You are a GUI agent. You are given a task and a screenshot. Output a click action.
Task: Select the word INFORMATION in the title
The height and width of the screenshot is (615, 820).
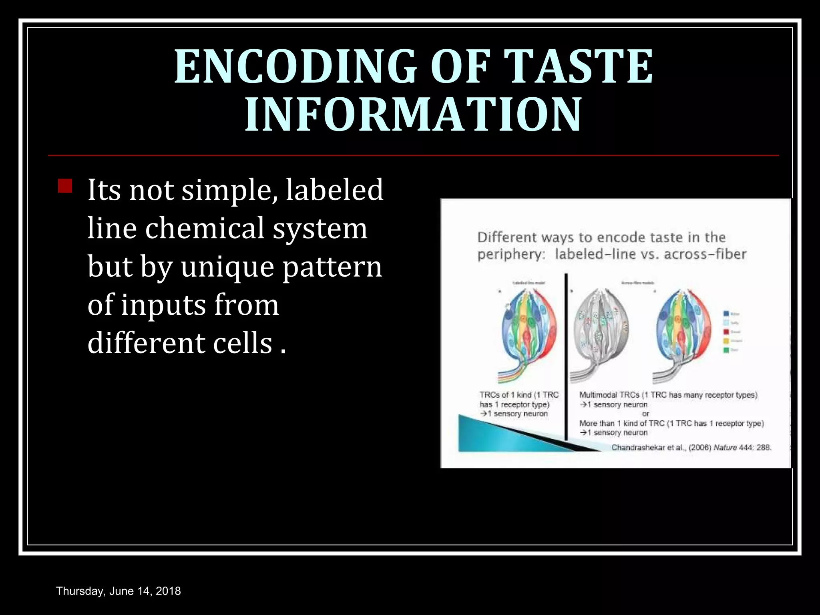coord(413,115)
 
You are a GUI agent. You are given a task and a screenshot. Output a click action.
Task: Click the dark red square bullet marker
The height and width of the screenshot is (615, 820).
coord(65,186)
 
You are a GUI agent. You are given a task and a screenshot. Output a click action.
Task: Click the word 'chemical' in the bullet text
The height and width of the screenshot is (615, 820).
coord(204,228)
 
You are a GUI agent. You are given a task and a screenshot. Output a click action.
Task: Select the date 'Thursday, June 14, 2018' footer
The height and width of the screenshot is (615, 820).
coord(119,591)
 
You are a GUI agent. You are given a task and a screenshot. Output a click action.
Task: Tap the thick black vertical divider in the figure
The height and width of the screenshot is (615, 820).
coord(566,356)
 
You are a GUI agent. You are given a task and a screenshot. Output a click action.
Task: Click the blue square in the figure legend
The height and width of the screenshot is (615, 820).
coord(726,314)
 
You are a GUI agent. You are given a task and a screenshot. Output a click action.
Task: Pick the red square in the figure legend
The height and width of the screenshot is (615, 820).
coord(726,332)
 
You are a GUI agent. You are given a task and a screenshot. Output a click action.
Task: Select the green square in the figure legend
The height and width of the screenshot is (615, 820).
coord(726,350)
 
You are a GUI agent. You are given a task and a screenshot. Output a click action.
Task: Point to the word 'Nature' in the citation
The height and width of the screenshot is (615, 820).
coord(725,447)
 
